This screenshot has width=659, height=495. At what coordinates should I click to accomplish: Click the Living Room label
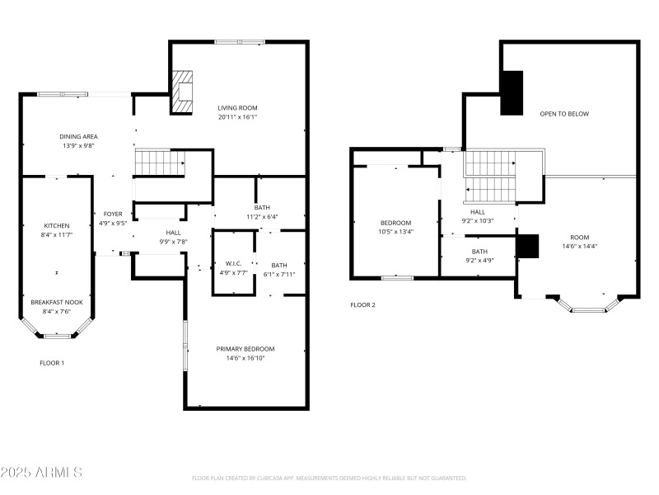coord(237,108)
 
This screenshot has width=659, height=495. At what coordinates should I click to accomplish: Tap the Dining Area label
coord(78,136)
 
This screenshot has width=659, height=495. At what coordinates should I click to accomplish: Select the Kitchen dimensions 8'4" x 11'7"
coord(57,235)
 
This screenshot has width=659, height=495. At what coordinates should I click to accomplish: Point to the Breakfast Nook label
coord(57,302)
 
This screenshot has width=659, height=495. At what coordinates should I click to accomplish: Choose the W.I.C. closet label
coord(233,264)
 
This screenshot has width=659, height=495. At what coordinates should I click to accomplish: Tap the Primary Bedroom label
coord(245,349)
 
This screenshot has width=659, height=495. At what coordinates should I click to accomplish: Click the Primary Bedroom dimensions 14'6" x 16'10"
coord(245,359)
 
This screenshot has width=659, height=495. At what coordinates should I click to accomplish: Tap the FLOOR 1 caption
coord(52,363)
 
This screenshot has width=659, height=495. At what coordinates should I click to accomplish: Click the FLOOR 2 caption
coord(362,305)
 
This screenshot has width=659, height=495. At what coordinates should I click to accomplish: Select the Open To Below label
coord(564,114)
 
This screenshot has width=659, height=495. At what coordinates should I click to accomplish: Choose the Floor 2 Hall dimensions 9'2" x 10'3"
coord(478,221)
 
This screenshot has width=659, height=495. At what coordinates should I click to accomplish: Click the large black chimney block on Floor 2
coord(512,92)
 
